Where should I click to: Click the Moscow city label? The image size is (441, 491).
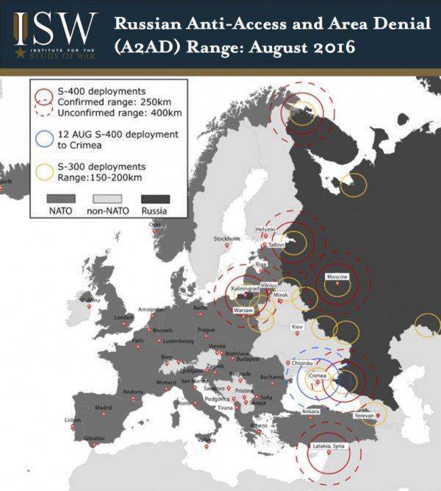point(337,277)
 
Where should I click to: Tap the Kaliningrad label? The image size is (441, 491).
point(247,289)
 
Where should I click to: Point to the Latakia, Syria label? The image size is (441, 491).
point(331,446)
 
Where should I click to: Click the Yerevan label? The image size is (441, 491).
point(365,415)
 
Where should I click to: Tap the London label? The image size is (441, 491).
point(124,317)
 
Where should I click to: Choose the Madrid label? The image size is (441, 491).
point(103,407)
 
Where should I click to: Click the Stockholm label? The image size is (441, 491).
point(226,239)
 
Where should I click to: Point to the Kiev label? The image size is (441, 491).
point(297,325)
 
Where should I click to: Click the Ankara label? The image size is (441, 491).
point(311,411)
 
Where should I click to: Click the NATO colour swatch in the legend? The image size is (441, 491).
point(62,199)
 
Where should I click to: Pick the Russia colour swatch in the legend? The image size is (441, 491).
point(155,199)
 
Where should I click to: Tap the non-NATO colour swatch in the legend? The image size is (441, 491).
point(108,199)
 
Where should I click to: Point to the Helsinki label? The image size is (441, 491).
point(265,230)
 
